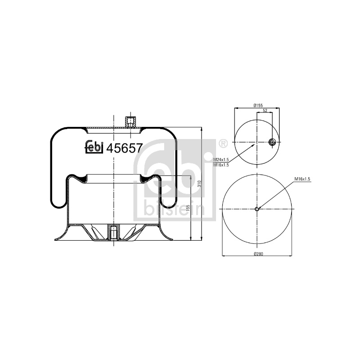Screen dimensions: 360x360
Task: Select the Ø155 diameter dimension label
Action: tap(258, 105)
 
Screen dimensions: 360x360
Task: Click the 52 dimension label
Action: tap(265, 110)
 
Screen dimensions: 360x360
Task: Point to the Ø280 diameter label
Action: tap(258, 254)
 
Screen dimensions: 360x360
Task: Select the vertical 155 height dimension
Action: tap(188, 208)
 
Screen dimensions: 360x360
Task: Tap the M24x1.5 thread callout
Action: tap(221, 160)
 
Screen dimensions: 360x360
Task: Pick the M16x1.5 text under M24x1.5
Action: tap(221, 165)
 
